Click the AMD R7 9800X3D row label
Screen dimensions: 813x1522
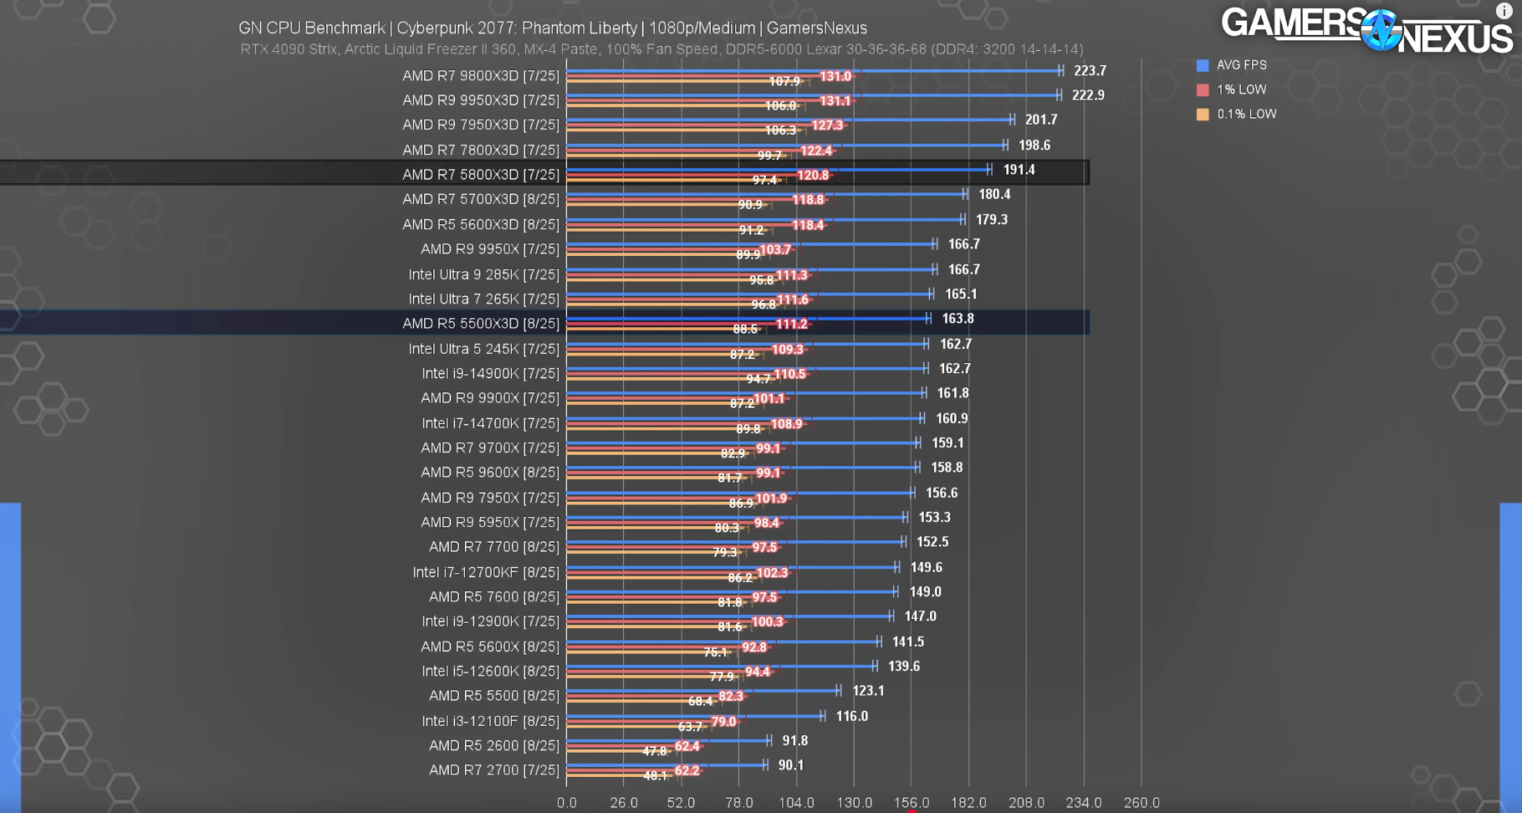click(480, 75)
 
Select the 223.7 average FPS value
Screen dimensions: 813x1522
click(1090, 71)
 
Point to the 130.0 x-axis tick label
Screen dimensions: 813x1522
click(854, 802)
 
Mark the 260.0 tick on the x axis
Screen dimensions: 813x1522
click(1141, 802)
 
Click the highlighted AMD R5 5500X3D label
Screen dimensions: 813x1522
click(480, 324)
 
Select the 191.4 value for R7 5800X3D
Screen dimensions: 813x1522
click(1019, 170)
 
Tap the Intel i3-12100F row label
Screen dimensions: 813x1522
click(490, 721)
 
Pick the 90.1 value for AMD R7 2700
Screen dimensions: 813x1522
click(790, 765)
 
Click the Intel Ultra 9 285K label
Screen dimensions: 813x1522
click(483, 274)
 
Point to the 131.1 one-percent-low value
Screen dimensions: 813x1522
click(835, 100)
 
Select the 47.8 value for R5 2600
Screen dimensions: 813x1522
click(654, 751)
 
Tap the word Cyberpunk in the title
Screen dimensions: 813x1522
click(437, 28)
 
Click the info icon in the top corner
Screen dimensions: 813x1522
click(1503, 11)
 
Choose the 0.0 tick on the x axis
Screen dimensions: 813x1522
click(566, 802)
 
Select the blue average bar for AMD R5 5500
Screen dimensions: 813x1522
click(702, 691)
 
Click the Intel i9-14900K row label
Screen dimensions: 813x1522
click(490, 373)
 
